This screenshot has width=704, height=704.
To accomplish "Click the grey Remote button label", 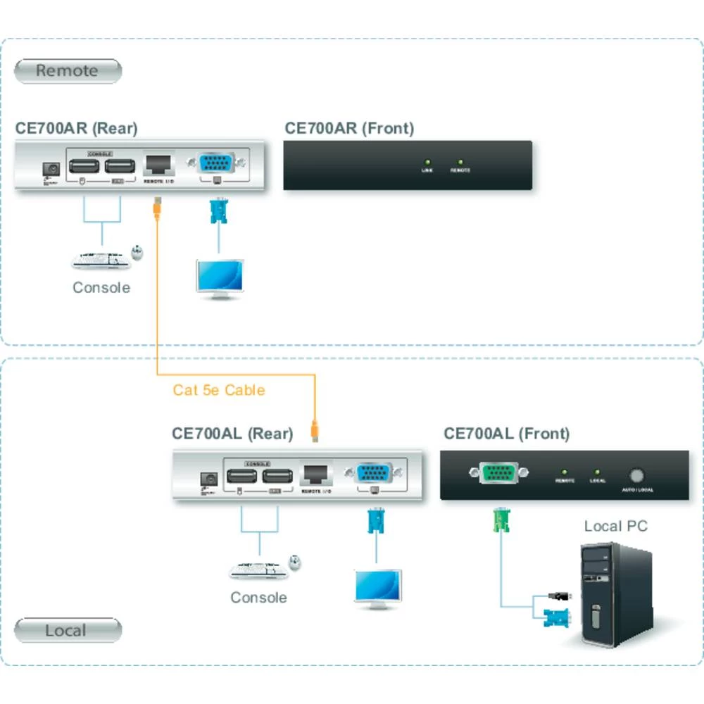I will point(68,71).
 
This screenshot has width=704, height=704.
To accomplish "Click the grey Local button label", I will point(67,631).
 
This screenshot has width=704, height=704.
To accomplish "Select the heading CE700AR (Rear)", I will point(76,128).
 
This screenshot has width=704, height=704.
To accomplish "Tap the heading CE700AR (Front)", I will point(349,128).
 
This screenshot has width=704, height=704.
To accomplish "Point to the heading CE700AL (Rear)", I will point(232,434).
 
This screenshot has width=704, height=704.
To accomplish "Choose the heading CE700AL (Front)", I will point(506,434).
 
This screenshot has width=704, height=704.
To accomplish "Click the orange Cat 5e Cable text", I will point(219,390).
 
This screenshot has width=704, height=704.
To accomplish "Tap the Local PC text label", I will point(615,526).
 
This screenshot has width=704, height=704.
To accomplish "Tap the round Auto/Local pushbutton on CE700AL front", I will point(638,475).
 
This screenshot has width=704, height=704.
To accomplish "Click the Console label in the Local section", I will point(258,598).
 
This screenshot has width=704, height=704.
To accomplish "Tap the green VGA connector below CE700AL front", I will point(501,520).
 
